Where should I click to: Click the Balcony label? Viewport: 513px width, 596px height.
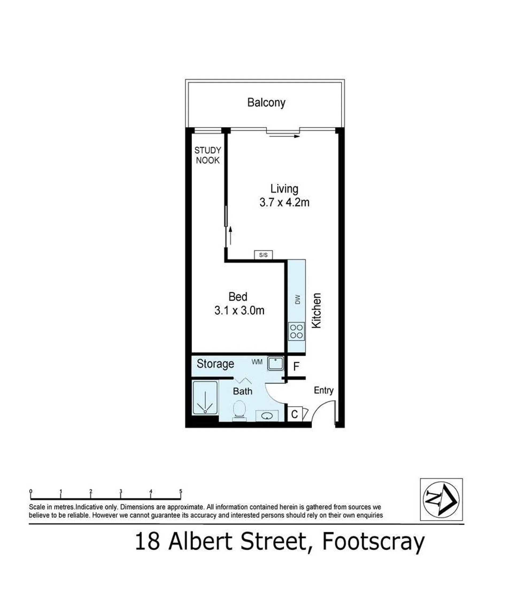pos(266,103)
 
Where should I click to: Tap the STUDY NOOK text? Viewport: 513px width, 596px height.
pos(208,155)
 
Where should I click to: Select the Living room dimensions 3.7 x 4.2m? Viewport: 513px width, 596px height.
pos(284,202)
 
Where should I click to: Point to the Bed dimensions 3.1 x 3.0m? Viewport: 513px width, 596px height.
pos(239,310)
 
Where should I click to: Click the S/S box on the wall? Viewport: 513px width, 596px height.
pos(263,255)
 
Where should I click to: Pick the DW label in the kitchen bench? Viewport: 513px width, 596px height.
pos(298,299)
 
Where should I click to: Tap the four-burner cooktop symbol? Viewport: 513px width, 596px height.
pos(296,331)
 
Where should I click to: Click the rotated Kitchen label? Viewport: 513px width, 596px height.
pos(316,310)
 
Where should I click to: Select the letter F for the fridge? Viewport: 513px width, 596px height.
pos(296,367)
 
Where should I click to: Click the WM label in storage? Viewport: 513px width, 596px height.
pos(257,362)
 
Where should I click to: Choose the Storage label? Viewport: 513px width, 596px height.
pos(215,364)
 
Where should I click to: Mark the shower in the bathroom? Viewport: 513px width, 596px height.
pos(205,398)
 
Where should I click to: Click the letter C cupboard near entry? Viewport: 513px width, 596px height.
pos(294,414)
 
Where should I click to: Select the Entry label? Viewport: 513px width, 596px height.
pos(324,391)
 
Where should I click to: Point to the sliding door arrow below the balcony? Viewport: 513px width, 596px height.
pos(284,136)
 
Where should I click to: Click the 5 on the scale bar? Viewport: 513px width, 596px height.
pos(181,491)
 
